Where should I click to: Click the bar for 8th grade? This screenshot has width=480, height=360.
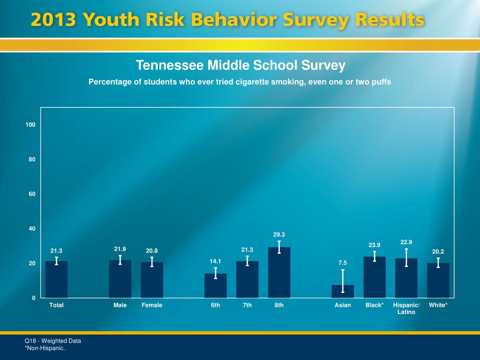[x=279, y=274]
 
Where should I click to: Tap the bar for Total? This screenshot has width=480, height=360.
[x=56, y=280]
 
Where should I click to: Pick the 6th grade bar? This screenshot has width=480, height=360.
[x=215, y=286]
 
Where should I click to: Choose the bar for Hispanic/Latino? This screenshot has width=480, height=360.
[x=406, y=279]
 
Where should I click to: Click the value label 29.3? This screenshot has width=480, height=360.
[x=279, y=234]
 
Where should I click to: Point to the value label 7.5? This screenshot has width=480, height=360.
[x=343, y=263]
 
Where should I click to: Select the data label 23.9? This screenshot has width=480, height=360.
[x=375, y=245]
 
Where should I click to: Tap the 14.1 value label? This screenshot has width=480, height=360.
[x=215, y=261]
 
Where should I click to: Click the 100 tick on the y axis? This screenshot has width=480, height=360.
[x=31, y=125]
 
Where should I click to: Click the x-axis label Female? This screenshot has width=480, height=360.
[x=152, y=305]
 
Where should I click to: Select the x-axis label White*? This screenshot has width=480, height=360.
[x=438, y=305]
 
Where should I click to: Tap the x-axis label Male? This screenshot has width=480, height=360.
[x=120, y=305]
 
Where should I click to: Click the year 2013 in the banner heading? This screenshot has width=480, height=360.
[x=54, y=21]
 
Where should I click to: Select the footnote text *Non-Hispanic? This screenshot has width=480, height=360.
[x=45, y=348]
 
